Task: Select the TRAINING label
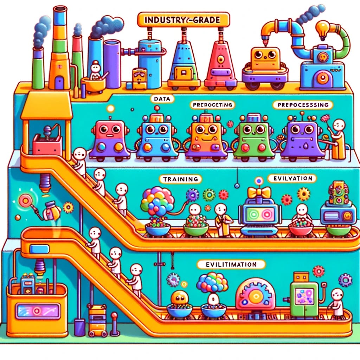click(x=180, y=179)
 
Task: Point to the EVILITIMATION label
click(x=226, y=264)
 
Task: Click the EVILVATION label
click(x=290, y=178)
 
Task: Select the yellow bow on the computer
click(x=259, y=192)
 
